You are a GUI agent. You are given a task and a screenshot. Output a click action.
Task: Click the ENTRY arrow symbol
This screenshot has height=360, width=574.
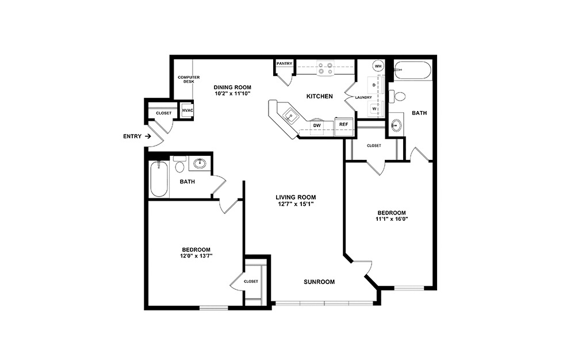point(148,136)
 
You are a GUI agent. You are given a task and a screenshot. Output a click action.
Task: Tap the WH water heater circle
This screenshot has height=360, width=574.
point(378,66)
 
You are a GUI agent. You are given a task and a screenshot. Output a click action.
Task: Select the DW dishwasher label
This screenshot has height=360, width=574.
point(316,125)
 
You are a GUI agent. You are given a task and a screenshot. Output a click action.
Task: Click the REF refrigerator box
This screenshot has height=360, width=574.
point(343,124)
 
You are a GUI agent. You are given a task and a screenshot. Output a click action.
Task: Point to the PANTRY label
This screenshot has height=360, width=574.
point(284,63)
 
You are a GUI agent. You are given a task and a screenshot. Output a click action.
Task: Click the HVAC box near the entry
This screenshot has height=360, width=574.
point(187,110)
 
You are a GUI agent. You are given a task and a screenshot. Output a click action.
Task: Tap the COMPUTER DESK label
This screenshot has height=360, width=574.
point(184,79)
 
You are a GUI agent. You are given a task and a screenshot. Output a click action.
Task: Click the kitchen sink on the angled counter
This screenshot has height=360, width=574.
point(290,114)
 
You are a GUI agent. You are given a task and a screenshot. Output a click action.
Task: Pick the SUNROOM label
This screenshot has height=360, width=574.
point(319,282)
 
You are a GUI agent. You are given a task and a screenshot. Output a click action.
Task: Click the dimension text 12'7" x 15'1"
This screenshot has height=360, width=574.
point(295,204)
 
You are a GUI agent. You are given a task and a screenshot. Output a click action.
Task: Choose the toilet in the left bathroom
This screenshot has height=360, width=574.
point(179,167)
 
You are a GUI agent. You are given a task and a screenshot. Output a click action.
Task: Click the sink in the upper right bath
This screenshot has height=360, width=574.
point(396,125)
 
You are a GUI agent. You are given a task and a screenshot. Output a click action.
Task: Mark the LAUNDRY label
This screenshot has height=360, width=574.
point(363,97)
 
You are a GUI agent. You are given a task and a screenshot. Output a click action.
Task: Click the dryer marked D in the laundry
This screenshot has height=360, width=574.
point(374,85)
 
